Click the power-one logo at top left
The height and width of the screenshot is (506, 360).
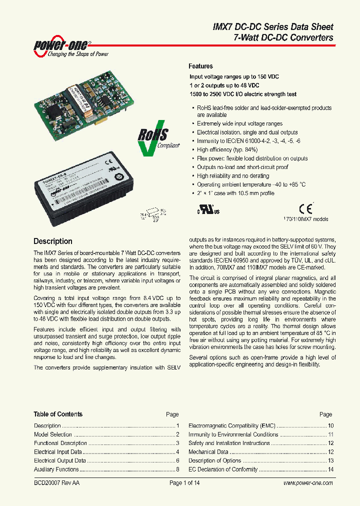click(x=70, y=46)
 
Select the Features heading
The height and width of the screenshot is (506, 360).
click(x=200, y=66)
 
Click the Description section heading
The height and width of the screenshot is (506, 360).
click(x=52, y=241)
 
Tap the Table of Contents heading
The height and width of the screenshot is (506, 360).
click(x=58, y=414)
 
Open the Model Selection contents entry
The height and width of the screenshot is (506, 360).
click(x=53, y=434)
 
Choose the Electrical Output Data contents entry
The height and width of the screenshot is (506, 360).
click(x=60, y=460)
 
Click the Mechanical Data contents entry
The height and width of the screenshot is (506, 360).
click(x=208, y=452)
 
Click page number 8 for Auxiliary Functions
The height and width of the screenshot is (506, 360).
click(x=177, y=469)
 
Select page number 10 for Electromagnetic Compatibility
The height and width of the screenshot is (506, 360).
click(x=330, y=425)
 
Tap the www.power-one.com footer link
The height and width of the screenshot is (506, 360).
click(x=308, y=483)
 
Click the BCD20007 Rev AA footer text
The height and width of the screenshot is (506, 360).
click(x=56, y=483)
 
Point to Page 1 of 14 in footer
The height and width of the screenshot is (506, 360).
click(x=184, y=483)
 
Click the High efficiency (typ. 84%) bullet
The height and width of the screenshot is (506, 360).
click(x=227, y=149)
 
